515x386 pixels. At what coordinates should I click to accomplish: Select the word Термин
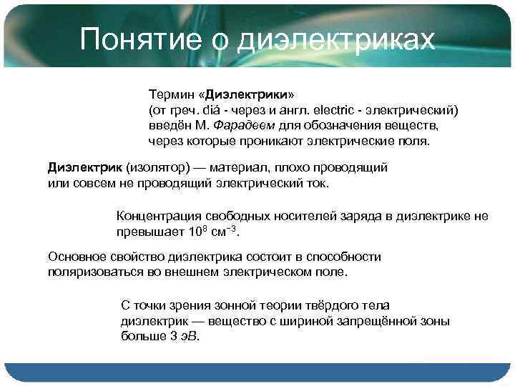pyautogui.click(x=170, y=94)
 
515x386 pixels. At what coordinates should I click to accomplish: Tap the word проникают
pyautogui.click(x=274, y=141)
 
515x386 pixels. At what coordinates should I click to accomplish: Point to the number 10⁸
pyautogui.click(x=197, y=232)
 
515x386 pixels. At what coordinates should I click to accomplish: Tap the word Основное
pyautogui.click(x=75, y=257)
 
